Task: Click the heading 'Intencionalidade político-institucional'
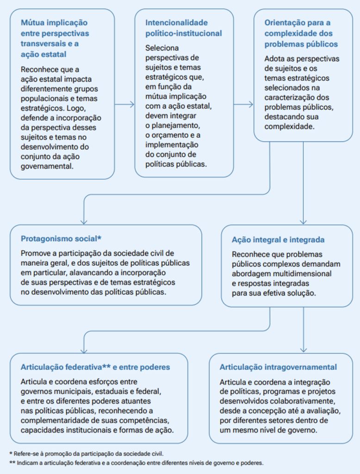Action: (183, 28)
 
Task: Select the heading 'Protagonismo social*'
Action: (61, 238)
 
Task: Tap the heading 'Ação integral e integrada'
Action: (278, 240)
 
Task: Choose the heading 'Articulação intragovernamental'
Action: (278, 367)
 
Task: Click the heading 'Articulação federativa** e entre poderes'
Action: (95, 367)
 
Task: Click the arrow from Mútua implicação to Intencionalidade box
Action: (124, 105)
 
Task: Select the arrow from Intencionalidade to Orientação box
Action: (243, 105)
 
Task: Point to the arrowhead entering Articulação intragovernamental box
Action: (304, 349)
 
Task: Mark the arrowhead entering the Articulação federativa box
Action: (84, 349)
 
